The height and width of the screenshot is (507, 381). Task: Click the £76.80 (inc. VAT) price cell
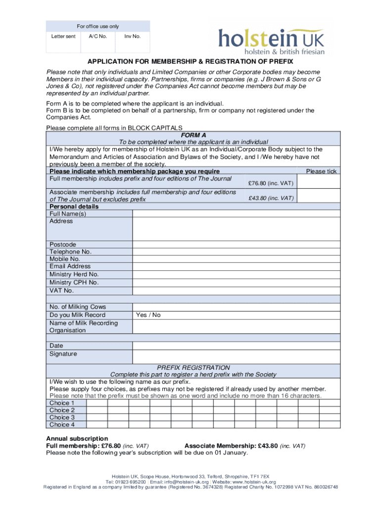point(271,183)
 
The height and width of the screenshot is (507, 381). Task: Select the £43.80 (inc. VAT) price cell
point(271,198)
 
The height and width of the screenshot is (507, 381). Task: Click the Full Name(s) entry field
point(236,214)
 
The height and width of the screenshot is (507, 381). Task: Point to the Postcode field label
point(63,245)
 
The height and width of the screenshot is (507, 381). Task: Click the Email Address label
point(70,266)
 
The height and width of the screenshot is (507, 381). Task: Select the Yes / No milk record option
point(148,315)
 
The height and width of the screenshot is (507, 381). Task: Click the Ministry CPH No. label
point(74,282)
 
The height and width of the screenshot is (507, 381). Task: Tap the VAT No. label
point(61,290)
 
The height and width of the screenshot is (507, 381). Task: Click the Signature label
point(63,354)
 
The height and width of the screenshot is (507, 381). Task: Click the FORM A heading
point(193,135)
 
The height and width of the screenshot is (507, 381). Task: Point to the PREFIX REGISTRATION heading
point(193,368)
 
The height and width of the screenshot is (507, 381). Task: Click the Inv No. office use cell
point(132,37)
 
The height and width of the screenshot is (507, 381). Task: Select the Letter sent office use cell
point(63,37)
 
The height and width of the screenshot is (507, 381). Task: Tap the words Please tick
point(321,171)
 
